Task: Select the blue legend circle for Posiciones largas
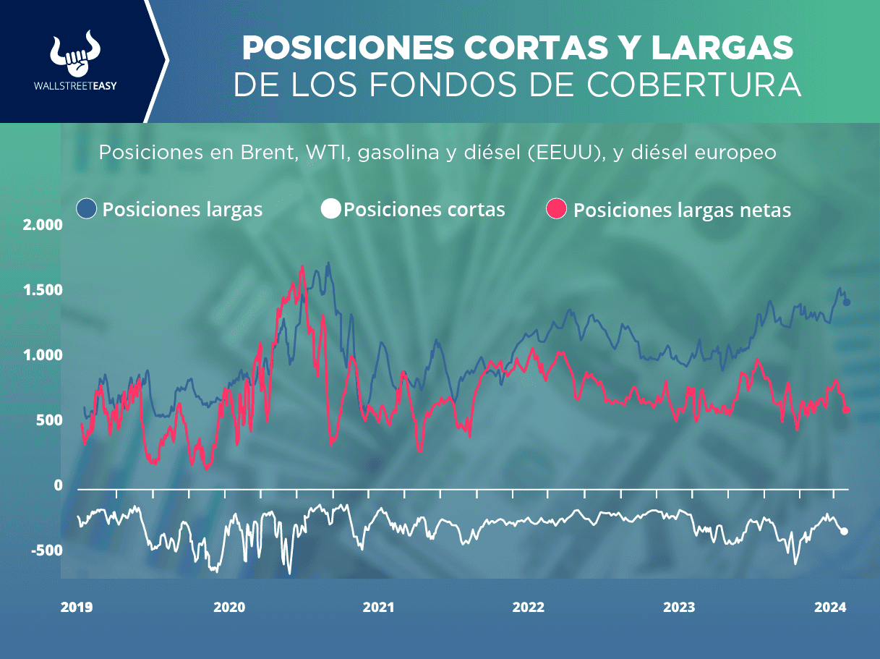click(x=87, y=210)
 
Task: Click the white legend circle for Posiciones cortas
click(x=330, y=210)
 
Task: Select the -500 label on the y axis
click(x=46, y=550)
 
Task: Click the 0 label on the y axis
click(x=58, y=485)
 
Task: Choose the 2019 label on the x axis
click(x=76, y=608)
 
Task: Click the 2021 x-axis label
click(x=378, y=608)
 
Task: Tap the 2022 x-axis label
click(x=529, y=608)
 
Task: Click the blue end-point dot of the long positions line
click(x=847, y=302)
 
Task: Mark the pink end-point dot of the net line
click(x=847, y=410)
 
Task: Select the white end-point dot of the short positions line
click(x=844, y=532)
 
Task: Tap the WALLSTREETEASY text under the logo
click(x=75, y=85)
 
